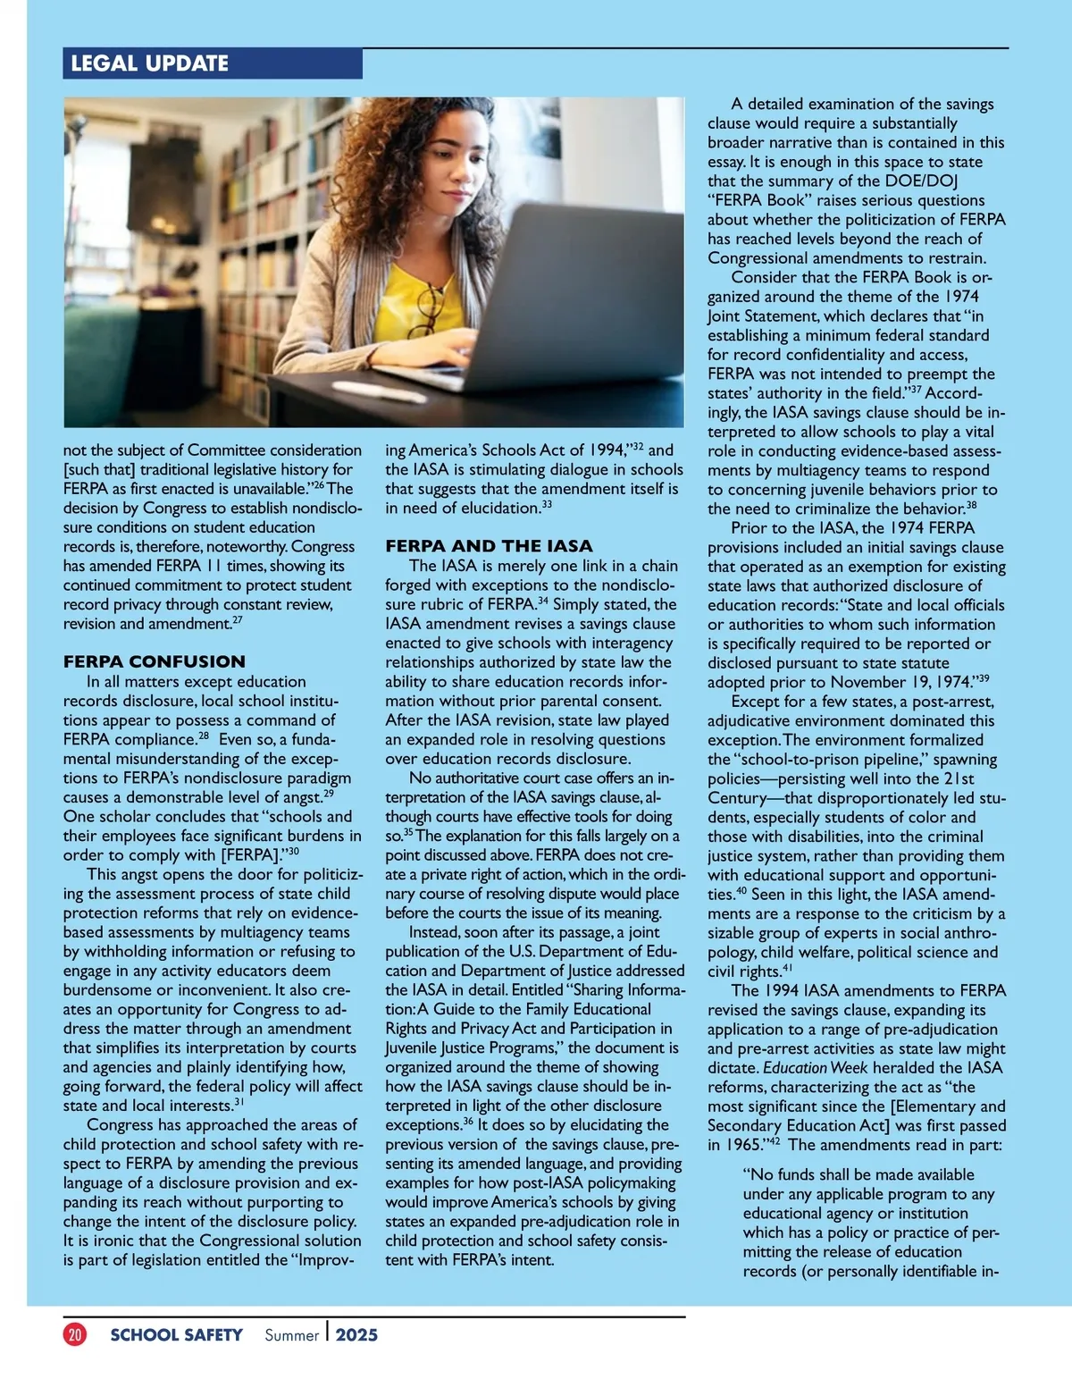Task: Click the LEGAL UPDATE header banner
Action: [213, 63]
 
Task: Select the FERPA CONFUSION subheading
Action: [154, 661]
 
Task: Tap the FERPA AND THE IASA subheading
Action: [489, 546]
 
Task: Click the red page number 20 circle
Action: [75, 1334]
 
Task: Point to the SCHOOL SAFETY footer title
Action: [176, 1335]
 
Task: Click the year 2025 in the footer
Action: [356, 1335]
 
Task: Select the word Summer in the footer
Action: [291, 1335]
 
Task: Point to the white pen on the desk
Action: [365, 389]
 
